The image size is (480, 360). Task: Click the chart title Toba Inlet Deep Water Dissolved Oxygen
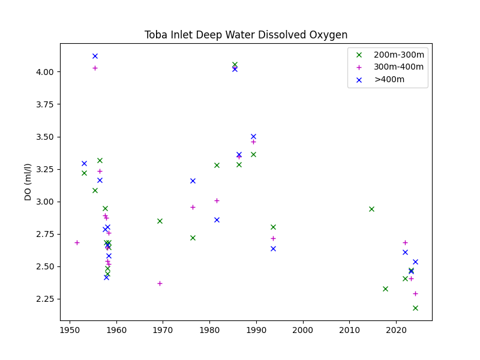(246, 35)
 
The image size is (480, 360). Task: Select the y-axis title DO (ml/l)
(28, 182)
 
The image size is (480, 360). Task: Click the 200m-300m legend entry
(390, 55)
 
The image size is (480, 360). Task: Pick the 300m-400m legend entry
(390, 67)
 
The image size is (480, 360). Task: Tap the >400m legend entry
(380, 80)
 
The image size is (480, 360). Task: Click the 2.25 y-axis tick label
(44, 299)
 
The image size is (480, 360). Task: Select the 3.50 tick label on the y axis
(44, 137)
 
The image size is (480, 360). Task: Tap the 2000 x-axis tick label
(303, 330)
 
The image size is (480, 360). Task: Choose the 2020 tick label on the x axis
(397, 330)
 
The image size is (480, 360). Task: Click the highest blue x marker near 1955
(95, 56)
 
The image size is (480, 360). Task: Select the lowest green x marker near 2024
(415, 308)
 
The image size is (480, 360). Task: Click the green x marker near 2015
(371, 209)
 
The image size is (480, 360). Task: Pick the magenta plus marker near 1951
(77, 243)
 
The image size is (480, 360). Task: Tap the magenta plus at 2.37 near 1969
(160, 283)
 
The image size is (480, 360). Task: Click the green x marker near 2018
(385, 289)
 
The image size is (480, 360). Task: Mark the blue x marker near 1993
(274, 248)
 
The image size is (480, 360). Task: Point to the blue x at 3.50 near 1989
(253, 137)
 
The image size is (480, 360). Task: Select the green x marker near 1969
(160, 221)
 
